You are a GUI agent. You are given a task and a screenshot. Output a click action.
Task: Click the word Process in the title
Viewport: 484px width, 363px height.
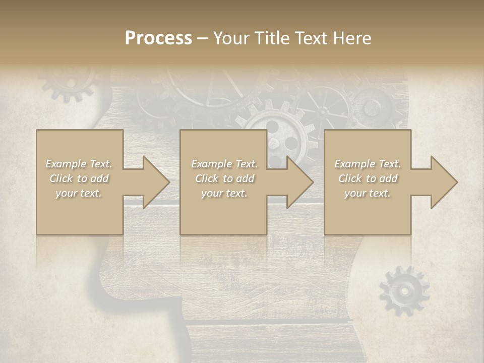click(x=158, y=38)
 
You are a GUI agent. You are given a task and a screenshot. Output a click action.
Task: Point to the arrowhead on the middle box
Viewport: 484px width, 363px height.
click(x=299, y=182)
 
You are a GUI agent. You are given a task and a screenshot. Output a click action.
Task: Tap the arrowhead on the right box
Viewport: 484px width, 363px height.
click(x=444, y=182)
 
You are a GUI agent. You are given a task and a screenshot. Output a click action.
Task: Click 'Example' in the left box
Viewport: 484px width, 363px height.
click(x=66, y=164)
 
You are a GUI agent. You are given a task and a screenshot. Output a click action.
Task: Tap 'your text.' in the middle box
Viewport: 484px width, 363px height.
click(x=223, y=193)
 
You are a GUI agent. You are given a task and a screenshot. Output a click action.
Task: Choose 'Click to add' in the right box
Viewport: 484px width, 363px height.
click(x=368, y=178)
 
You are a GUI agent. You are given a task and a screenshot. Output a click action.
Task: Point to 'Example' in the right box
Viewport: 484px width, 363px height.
click(x=354, y=164)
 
